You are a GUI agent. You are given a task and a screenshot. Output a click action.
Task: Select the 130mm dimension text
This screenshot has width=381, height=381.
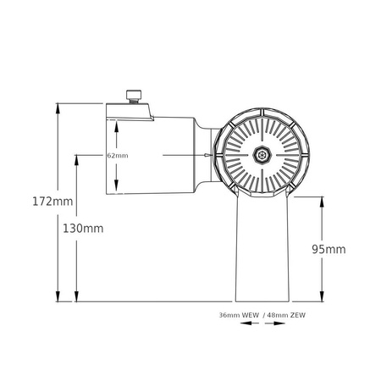tap(83, 229)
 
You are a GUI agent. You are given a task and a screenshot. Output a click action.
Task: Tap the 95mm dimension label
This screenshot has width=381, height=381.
tap(329, 249)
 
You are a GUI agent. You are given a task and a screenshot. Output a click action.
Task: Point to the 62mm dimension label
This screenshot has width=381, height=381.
tap(118, 156)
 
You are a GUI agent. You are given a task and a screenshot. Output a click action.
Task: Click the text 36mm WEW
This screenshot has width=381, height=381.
tap(238, 315)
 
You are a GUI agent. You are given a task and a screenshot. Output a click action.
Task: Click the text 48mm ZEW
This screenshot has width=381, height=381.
tap(284, 315)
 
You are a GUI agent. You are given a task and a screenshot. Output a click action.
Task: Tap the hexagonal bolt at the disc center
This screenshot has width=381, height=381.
tap(261, 156)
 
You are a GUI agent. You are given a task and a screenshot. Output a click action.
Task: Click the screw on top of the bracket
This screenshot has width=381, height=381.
tap(133, 96)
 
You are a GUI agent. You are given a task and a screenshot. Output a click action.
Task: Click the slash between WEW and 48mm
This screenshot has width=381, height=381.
tap(262, 315)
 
